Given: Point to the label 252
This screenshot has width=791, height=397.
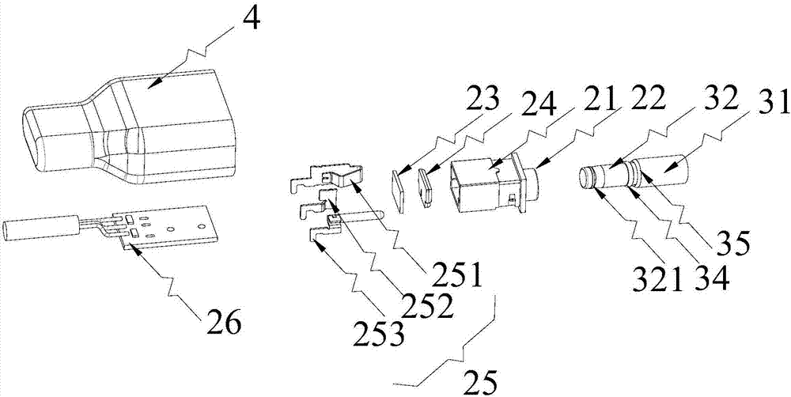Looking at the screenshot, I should tap(427, 304).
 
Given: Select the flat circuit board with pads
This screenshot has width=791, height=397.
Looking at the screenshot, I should tap(170, 229).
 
